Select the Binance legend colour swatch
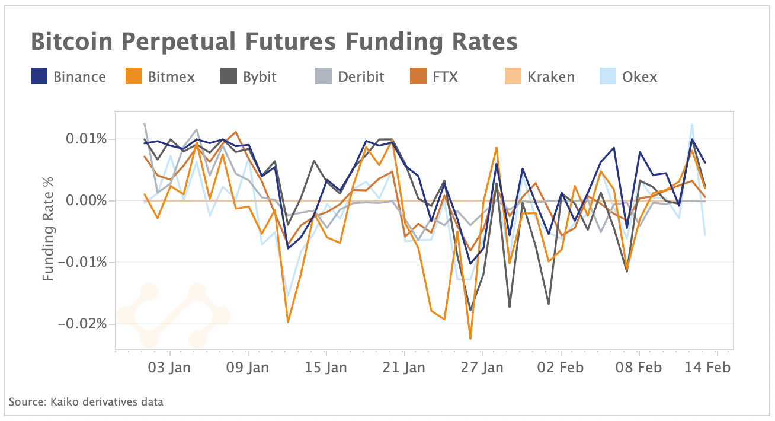point(39,76)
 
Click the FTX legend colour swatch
point(418,76)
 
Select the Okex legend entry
point(640,77)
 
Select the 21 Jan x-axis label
point(404,368)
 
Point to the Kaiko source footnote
point(86,402)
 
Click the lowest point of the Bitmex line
point(470,339)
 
